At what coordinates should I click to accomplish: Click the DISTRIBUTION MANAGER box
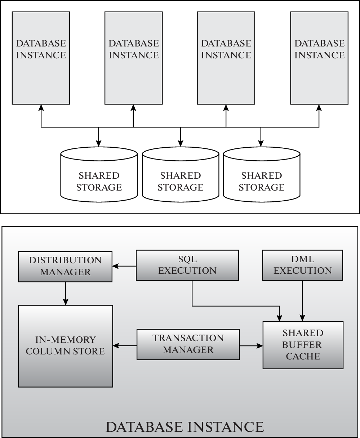(65, 266)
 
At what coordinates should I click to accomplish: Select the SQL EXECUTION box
(187, 265)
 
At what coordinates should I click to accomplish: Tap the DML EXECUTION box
(303, 265)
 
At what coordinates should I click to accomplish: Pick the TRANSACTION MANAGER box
(188, 344)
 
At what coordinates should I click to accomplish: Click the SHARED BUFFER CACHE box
(303, 345)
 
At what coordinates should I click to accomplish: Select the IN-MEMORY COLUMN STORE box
(65, 346)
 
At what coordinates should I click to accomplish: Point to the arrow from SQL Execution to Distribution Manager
(124, 266)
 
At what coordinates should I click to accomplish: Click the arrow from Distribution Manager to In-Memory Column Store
(66, 293)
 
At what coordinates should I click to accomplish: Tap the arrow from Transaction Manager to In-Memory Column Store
(125, 346)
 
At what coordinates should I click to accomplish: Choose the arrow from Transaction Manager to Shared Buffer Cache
(251, 346)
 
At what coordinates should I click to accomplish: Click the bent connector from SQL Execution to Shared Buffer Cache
(234, 306)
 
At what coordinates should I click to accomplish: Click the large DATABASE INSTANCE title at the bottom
(185, 427)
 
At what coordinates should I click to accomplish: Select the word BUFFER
(302, 345)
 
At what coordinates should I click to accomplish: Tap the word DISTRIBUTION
(66, 260)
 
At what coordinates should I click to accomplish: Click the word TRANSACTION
(188, 338)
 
